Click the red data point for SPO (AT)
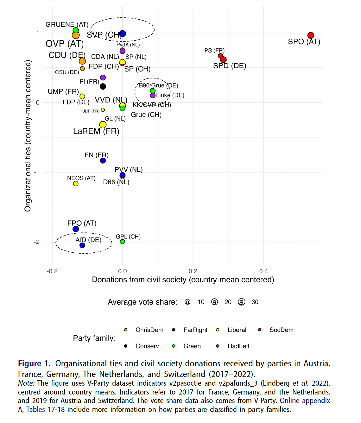[311, 35]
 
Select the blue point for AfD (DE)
[82, 245]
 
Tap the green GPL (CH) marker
[123, 242]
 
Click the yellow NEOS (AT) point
[76, 184]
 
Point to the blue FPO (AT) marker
[76, 229]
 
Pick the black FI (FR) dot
[103, 86]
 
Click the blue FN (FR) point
[103, 161]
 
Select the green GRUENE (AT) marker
[76, 30]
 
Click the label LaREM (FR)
[96, 131]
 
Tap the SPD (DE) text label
[230, 66]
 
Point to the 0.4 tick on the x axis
[263, 271]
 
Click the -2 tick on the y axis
[37, 242]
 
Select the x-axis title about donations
[183, 280]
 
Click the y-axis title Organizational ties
[28, 136]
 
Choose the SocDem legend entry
[281, 330]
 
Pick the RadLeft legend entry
[238, 346]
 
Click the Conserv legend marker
[126, 346]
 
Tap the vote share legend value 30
[255, 302]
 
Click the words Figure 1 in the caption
[34, 363]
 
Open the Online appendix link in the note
[305, 401]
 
